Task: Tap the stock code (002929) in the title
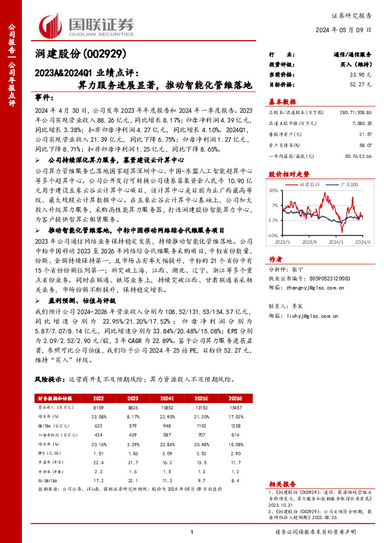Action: click(x=102, y=54)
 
